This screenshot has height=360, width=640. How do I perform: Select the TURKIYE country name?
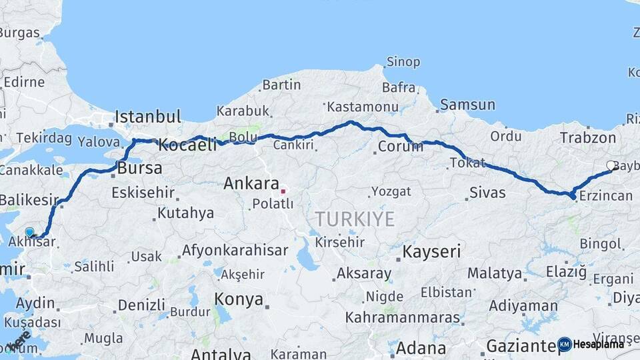pos(355,219)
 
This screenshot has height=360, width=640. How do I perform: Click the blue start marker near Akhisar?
pos(29,232)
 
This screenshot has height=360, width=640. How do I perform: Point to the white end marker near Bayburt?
pos(611,165)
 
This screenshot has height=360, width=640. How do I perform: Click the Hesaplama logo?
pos(592,344)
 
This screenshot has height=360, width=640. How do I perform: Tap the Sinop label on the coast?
pos(403,62)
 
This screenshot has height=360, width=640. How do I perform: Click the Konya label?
pos(239,299)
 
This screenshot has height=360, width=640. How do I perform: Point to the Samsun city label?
pos(467,105)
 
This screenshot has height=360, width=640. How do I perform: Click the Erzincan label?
pos(605,195)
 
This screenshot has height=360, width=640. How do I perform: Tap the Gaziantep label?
pos(524,346)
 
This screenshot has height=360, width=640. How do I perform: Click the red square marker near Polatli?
pos(283,191)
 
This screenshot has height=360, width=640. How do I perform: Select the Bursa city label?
pos(139,168)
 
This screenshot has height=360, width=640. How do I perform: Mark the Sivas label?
pos(487,193)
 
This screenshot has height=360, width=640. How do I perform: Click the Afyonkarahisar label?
pos(235,251)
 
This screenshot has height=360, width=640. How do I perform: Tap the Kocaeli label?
pos(187,145)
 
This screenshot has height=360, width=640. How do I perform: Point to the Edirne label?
pos(24,83)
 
